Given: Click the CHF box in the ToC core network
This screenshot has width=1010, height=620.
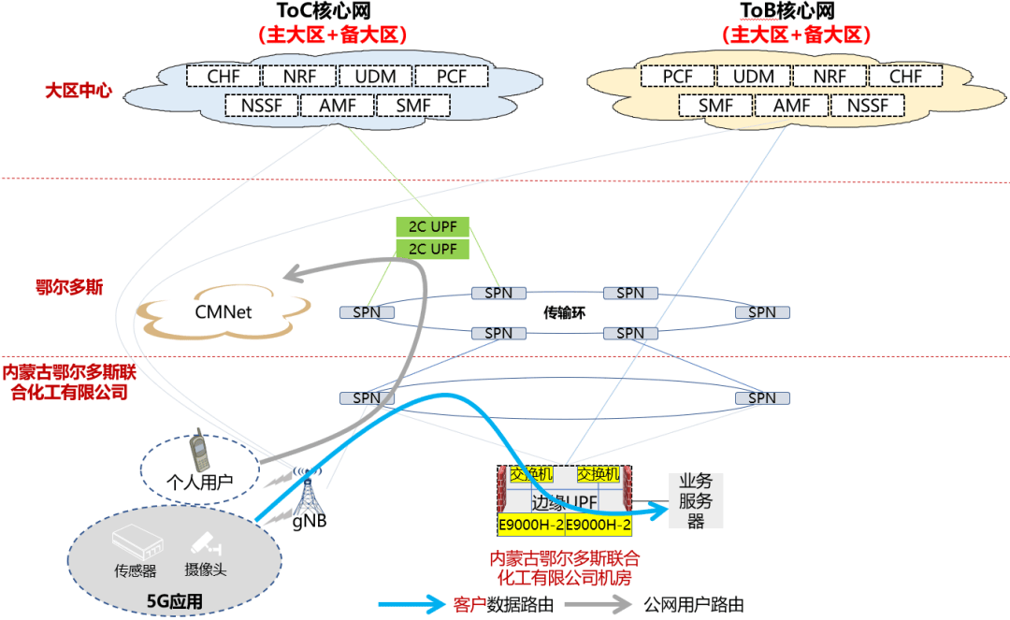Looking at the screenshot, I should tap(223, 76).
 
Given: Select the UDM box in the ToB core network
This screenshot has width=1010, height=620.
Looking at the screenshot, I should tap(753, 76).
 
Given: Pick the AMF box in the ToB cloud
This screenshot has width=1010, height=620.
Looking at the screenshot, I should tap(791, 106).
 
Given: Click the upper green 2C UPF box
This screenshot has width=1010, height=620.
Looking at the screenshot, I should tap(433, 226).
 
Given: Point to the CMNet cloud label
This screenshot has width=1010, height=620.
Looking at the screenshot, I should tap(224, 312).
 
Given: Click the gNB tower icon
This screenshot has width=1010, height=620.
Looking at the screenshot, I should tap(306, 490).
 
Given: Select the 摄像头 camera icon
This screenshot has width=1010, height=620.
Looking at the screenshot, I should tap(205, 542).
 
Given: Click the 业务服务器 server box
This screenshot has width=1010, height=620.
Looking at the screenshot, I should tap(695, 501).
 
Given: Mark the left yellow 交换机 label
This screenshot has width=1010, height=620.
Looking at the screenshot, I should tap(531, 474).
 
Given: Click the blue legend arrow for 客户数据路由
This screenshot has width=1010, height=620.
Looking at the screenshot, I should tap(412, 603).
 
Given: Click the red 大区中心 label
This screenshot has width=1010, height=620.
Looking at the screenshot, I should tap(79, 91).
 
